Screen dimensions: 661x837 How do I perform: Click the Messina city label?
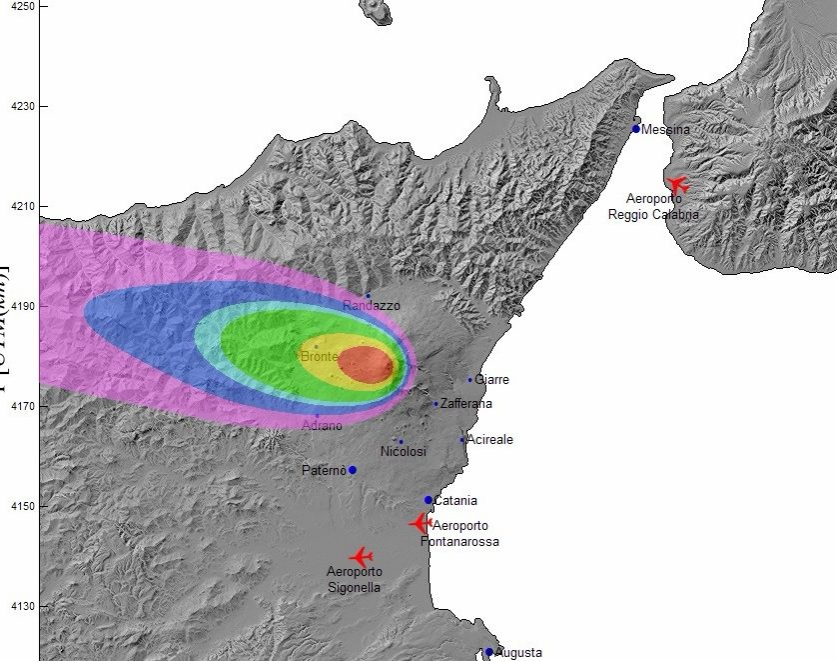(666, 130)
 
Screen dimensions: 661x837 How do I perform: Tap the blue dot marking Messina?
(636, 129)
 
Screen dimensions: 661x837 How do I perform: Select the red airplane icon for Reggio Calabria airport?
(678, 185)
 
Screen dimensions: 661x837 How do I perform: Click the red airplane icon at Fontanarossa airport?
(420, 523)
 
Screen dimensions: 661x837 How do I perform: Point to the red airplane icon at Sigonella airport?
(361, 556)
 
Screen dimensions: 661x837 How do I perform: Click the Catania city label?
(455, 501)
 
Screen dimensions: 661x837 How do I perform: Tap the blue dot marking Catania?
(428, 500)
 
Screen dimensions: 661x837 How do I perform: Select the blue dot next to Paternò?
(353, 470)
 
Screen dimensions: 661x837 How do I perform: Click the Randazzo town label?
(371, 305)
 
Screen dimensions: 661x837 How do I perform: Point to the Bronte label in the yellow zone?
(319, 356)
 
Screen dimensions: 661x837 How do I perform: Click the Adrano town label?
(322, 426)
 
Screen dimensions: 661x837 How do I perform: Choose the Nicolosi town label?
(404, 452)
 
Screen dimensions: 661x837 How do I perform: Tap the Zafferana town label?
(466, 404)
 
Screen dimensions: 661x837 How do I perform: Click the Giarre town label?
(491, 380)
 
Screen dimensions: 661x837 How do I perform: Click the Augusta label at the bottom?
(518, 652)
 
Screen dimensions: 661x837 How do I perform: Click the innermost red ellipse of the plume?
(365, 364)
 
